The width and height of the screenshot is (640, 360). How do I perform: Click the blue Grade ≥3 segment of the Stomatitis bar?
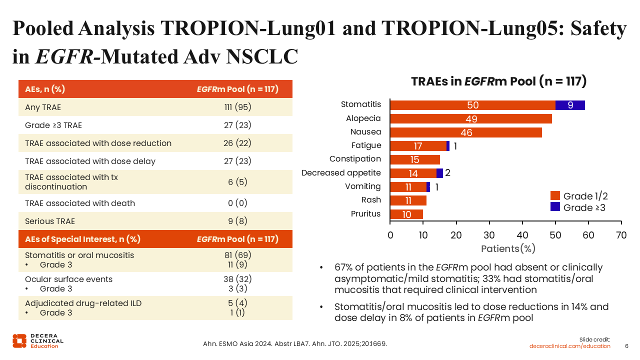point(570,105)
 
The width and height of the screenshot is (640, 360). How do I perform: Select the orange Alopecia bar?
point(471,119)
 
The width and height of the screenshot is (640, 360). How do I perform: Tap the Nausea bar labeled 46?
point(466,132)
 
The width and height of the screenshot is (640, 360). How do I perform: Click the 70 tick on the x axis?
point(621,235)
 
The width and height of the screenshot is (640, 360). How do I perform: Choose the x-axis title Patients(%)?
point(508,248)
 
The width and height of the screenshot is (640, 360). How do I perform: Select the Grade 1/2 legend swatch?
point(555,196)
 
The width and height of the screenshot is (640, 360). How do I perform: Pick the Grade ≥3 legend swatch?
point(555,207)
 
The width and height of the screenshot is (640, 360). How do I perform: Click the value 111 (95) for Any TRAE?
point(237,107)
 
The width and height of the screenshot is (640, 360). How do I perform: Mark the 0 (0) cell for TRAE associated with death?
point(237,203)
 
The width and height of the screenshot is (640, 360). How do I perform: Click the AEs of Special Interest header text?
point(83,239)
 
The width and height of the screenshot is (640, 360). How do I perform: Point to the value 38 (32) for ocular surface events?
point(237,279)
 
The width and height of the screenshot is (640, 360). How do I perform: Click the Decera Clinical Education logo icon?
point(19,340)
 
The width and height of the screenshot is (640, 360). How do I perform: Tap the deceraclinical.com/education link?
point(570,346)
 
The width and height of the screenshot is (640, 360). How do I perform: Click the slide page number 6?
point(627,346)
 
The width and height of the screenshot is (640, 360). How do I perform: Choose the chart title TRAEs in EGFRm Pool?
point(498,81)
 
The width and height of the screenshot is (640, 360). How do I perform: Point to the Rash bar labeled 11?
point(408,200)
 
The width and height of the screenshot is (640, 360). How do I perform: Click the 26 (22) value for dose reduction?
point(237,143)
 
